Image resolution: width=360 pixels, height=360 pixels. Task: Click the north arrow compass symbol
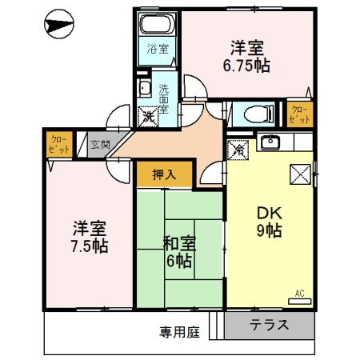(58, 26)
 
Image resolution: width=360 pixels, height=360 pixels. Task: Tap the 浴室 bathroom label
(157, 49)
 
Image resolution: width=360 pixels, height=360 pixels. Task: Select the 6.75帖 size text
(246, 66)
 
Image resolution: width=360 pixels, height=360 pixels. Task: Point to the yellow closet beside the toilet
(298, 113)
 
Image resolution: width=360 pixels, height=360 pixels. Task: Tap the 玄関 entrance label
(100, 145)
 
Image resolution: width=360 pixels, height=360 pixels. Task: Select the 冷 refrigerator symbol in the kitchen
(238, 147)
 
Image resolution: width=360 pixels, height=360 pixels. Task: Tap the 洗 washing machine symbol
(147, 115)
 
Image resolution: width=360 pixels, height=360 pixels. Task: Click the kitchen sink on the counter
(270, 144)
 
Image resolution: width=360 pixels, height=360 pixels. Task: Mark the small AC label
(301, 293)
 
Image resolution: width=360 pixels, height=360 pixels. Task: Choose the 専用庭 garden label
(178, 330)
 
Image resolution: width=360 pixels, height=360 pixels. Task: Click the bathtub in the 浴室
(157, 26)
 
